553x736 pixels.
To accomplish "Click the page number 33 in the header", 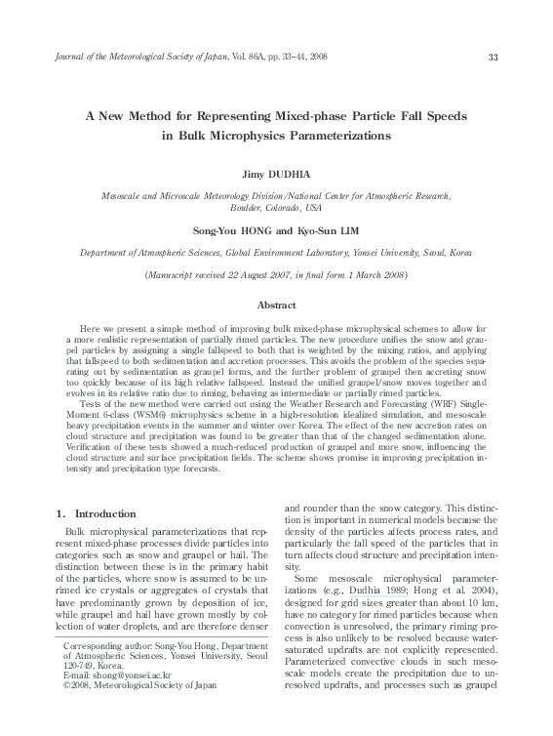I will click(x=493, y=58).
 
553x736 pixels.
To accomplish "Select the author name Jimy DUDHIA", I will click(x=276, y=173).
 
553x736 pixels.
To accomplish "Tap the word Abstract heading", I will click(x=276, y=306).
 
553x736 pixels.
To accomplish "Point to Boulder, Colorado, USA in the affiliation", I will click(x=276, y=207).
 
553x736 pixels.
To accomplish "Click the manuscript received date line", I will click(x=276, y=276).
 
